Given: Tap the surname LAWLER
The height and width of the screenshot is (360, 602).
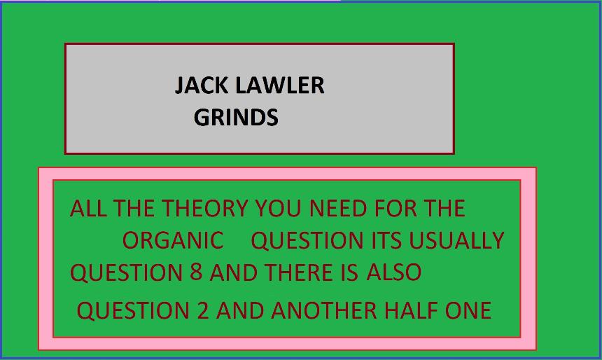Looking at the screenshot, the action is tap(280, 85).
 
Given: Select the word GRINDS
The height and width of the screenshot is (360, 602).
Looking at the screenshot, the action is tap(236, 117).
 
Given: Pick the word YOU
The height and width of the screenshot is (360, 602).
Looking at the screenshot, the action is tap(279, 208).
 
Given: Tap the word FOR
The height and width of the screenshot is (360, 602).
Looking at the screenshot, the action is tap(395, 208).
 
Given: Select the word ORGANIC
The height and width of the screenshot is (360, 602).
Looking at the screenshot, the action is tap(173, 240).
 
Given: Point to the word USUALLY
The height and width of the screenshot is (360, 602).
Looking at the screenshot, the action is tap(456, 240).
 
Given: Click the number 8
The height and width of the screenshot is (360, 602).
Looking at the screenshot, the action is tap(196, 272).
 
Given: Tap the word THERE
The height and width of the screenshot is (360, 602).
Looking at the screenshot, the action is tap(299, 272).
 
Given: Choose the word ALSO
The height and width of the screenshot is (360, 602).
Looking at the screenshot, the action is tap(394, 272).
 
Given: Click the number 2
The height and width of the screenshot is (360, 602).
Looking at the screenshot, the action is tap(203, 310).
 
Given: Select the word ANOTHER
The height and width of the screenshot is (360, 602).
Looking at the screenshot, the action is tap(324, 310).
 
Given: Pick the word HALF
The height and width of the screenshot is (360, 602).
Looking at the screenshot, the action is tap(411, 310).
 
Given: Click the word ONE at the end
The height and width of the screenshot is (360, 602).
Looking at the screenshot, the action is tap(468, 310).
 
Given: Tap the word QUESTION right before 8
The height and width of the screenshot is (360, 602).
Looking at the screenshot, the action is tap(126, 272).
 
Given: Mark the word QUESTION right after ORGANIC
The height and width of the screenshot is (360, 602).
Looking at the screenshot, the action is tap(307, 241).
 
